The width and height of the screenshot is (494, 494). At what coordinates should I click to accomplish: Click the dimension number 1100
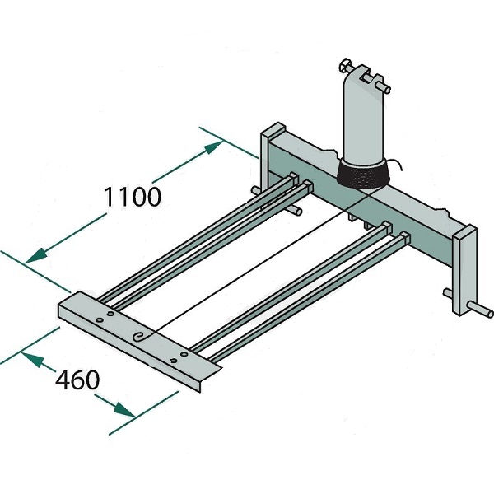(133, 197)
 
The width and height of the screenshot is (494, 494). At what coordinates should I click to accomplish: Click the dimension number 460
(77, 380)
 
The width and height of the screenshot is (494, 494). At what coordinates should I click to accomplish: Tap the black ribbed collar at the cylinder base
(363, 175)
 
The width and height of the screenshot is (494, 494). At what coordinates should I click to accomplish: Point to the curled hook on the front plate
(141, 336)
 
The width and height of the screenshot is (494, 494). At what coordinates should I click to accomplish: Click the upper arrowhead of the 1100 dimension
(214, 147)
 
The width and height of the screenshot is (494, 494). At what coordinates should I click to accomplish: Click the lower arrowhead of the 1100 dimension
(35, 256)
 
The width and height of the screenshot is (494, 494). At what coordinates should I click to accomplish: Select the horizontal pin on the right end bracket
(481, 310)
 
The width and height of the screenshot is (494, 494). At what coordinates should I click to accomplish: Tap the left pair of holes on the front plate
(105, 317)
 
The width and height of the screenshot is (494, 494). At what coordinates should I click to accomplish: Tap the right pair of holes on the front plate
(179, 357)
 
